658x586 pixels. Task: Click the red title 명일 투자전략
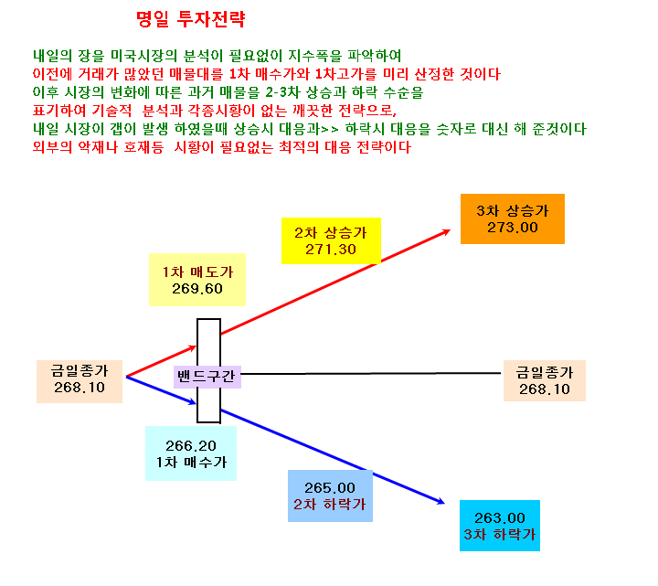pyautogui.click(x=191, y=19)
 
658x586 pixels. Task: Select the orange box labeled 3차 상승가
pyautogui.click(x=513, y=218)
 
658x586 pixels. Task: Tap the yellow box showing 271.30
pyautogui.click(x=331, y=240)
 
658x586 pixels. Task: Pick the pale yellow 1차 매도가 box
pyautogui.click(x=197, y=280)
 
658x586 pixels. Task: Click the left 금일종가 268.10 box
pyautogui.click(x=80, y=381)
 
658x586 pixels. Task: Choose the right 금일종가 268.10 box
pyautogui.click(x=545, y=380)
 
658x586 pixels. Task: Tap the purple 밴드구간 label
pyautogui.click(x=207, y=377)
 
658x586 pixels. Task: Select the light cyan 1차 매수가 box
pyautogui.click(x=191, y=453)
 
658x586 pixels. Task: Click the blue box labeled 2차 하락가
pyautogui.click(x=330, y=495)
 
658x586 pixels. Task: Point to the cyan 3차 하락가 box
pyautogui.click(x=500, y=526)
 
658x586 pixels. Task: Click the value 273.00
pyautogui.click(x=513, y=228)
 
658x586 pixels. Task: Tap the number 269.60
pyautogui.click(x=197, y=289)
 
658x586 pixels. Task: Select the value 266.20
pyautogui.click(x=191, y=445)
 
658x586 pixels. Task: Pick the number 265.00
pyautogui.click(x=330, y=488)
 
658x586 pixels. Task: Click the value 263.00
pyautogui.click(x=500, y=518)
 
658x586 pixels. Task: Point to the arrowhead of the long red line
pyautogui.click(x=448, y=231)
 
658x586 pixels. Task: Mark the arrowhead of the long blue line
pyautogui.click(x=442, y=502)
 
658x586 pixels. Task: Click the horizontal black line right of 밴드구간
pyautogui.click(x=371, y=373)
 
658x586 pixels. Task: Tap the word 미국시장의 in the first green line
pyautogui.click(x=143, y=56)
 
